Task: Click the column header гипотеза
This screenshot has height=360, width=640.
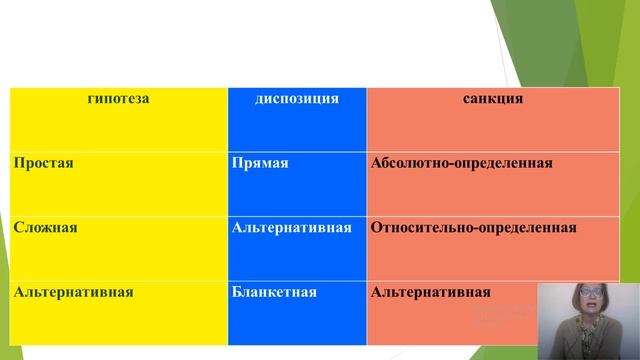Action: tap(118, 99)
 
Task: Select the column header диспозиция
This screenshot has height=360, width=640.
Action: tap(297, 99)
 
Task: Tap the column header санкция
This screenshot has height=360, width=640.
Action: tap(493, 99)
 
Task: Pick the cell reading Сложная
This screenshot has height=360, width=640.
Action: tap(46, 227)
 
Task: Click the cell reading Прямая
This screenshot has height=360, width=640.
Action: tap(259, 162)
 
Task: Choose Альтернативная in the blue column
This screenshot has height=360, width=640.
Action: tap(291, 227)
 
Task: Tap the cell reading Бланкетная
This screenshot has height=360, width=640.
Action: tap(273, 292)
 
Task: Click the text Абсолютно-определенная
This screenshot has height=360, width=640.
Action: tap(461, 162)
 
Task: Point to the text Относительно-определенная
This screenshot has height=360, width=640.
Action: tap(473, 227)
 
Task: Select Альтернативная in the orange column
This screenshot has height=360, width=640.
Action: tap(430, 292)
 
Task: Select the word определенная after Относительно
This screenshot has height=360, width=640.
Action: tap(528, 227)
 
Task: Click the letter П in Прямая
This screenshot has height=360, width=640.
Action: tap(236, 162)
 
